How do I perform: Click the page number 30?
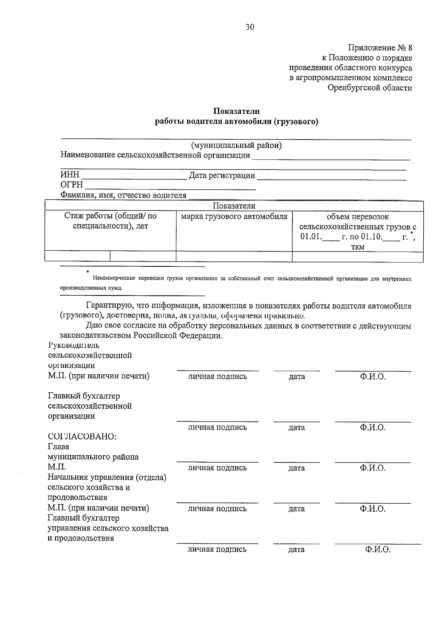point(250,27)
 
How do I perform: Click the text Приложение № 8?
point(380,48)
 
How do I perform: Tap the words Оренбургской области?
point(370,88)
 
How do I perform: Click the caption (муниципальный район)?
point(236,145)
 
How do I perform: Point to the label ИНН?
point(70,176)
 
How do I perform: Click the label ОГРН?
point(72,185)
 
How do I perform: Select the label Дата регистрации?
point(222,176)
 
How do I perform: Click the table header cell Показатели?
point(234,206)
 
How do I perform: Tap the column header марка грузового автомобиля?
point(234,217)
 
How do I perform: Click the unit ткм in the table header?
point(358,247)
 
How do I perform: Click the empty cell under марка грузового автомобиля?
point(234,257)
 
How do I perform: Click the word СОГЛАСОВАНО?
point(82,436)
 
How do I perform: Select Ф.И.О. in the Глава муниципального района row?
point(372,468)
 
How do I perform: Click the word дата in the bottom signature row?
point(296,549)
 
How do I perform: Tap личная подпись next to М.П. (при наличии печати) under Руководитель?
point(217,376)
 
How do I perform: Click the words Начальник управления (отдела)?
point(107,477)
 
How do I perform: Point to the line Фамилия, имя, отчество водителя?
point(123,195)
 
